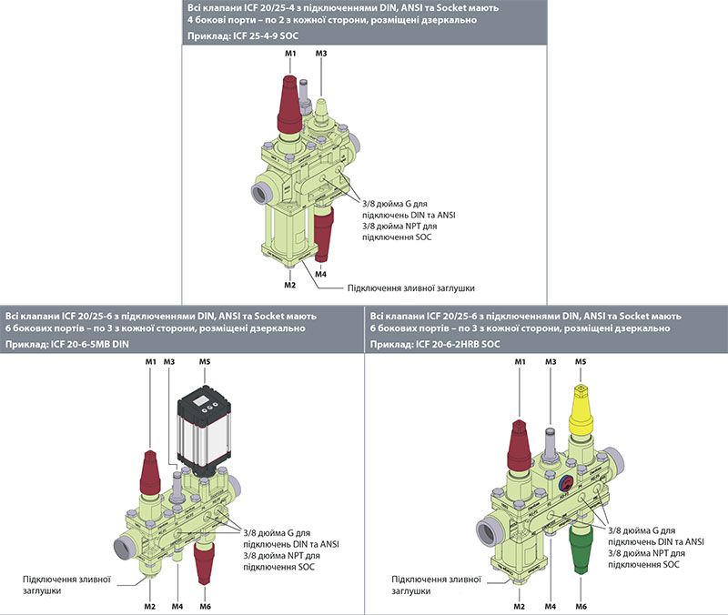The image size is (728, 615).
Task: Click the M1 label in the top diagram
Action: click(290, 54)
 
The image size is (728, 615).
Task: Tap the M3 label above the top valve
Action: click(321, 54)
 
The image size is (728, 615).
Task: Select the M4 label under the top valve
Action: click(321, 274)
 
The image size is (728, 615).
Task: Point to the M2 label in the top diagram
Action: click(289, 285)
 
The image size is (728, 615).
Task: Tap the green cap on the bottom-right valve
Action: click(581, 549)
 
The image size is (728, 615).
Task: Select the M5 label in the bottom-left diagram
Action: click(205, 361)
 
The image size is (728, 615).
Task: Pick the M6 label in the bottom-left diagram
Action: click(206, 606)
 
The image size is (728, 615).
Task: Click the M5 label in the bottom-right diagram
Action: click(581, 361)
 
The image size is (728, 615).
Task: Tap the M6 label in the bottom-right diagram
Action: click(581, 606)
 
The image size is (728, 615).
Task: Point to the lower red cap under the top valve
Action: click(324, 233)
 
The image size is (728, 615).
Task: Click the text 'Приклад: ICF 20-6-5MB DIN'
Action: click(66, 345)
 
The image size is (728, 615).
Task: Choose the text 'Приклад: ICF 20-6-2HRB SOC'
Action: click(435, 345)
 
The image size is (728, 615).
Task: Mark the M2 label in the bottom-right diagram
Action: click(519, 606)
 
